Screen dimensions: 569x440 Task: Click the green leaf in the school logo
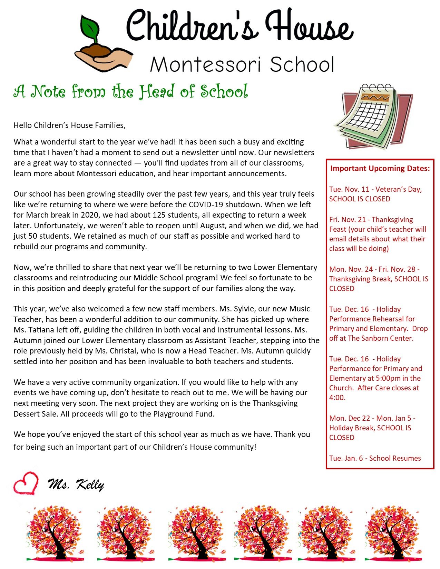point(91,28)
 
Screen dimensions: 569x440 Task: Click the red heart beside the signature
point(26,484)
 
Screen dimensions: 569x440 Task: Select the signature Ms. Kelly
point(76,485)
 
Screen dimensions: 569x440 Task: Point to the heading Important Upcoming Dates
point(380,168)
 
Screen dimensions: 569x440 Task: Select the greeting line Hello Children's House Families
point(69,125)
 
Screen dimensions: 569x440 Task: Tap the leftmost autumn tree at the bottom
point(55,533)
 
